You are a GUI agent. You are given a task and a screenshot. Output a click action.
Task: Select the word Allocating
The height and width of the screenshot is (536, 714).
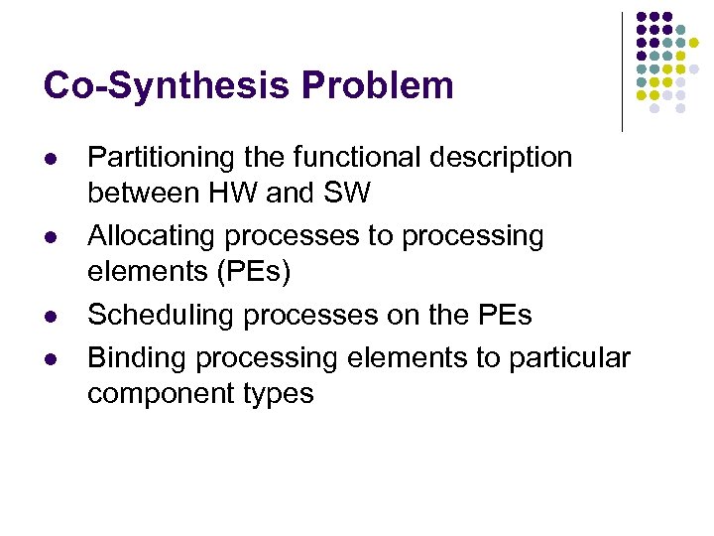pos(152,236)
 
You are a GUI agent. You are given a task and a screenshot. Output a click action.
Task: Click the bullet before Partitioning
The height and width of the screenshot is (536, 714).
pos(49,160)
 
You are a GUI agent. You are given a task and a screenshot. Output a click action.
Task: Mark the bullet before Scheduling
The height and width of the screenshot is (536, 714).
pos(49,318)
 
